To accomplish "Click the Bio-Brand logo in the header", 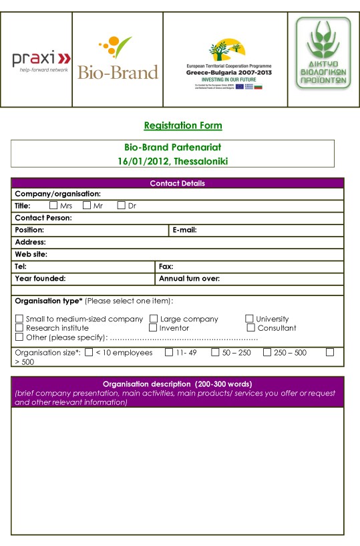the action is point(118,60).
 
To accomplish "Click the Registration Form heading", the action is point(183,126).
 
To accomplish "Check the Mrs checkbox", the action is point(53,206).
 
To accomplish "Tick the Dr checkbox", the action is point(121,206).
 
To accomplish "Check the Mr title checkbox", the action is point(87,206).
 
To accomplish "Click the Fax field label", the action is point(165,266).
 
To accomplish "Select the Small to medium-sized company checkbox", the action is point(19,319).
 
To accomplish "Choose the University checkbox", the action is point(250,319).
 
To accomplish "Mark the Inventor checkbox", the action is point(153,327).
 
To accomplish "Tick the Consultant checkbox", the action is point(251,327).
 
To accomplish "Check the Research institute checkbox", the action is point(19,327).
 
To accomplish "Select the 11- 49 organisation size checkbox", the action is point(168,352).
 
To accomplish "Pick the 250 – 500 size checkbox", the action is point(267,352).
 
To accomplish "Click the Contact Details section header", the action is point(177,183).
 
